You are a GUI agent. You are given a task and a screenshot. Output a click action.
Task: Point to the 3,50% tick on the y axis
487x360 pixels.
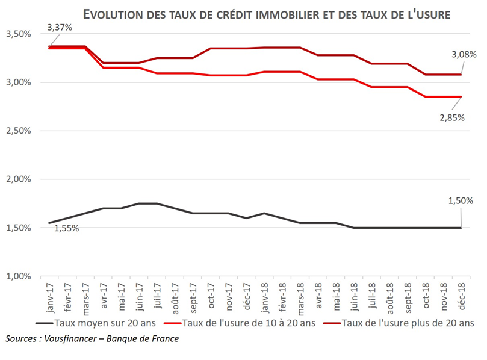point(18,34)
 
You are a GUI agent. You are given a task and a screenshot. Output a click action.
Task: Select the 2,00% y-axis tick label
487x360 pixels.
point(18,179)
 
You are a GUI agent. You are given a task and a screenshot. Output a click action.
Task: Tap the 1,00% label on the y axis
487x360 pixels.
point(18,276)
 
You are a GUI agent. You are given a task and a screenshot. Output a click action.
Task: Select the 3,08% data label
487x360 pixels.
point(463,54)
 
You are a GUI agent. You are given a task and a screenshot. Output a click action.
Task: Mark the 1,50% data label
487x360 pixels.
point(460,200)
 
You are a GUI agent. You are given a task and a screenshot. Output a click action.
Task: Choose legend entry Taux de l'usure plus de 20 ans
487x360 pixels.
point(406,323)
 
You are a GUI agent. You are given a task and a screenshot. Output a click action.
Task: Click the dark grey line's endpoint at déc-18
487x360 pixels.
point(461,228)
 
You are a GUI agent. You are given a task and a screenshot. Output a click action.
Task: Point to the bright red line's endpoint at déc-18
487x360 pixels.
point(461,96)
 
